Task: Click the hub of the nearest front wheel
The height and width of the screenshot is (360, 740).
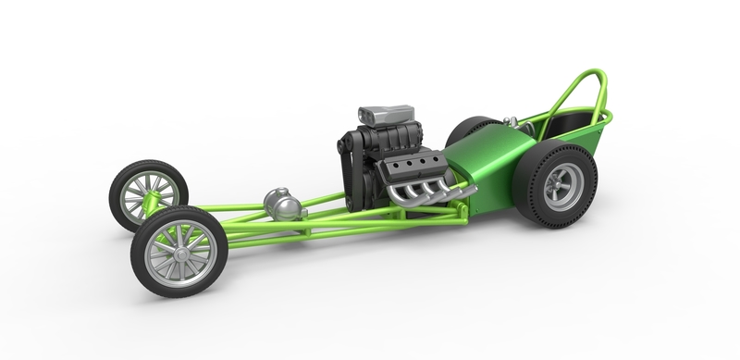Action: (178, 248)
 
